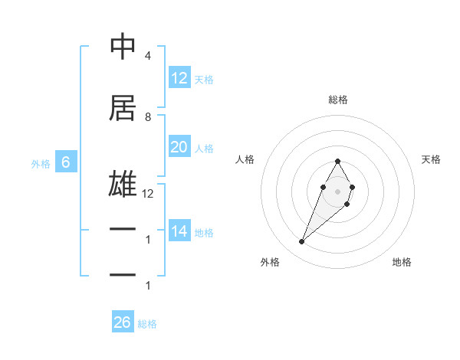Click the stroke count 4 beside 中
coord(147,56)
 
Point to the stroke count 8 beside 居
coord(147,116)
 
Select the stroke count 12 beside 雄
coord(148,194)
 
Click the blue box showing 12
coord(179,77)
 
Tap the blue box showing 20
coord(179,147)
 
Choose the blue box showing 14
coord(179,231)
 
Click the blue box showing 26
coord(122,322)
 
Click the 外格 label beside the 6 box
coord(40,163)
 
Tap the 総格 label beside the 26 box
coord(147,324)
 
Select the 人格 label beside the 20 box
coord(204,148)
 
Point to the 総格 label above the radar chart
coord(337,100)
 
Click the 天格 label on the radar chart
coord(431,159)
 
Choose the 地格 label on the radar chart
coord(402,262)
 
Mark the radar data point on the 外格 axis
coord(301,242)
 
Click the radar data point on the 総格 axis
coord(337,161)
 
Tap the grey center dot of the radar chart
coord(337,191)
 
